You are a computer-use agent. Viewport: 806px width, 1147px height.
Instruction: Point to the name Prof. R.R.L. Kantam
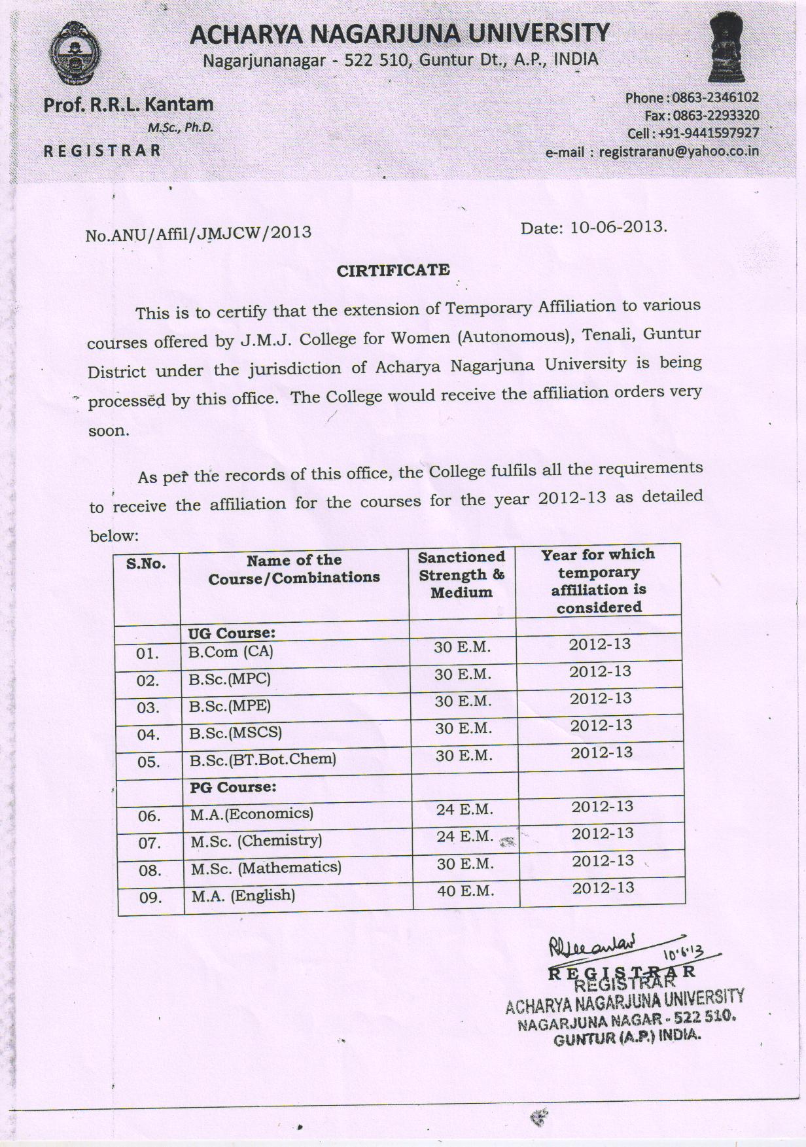click(x=128, y=105)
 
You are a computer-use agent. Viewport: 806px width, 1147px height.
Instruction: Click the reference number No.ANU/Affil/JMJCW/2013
click(x=198, y=234)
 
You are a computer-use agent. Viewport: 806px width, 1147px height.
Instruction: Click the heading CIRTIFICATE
click(x=393, y=270)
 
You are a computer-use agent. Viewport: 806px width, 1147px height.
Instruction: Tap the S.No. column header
click(x=146, y=564)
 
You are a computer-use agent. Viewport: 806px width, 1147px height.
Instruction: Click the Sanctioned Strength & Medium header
click(x=462, y=574)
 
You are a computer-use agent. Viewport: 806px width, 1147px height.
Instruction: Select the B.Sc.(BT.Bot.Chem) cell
click(x=262, y=760)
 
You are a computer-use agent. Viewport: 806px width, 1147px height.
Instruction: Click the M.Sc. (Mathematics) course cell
click(x=266, y=868)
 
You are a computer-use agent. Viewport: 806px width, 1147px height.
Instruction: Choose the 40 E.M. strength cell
click(x=465, y=891)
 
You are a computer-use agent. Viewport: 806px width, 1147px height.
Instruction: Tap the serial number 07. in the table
click(x=149, y=843)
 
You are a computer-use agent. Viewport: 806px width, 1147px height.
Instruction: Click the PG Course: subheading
click(x=233, y=787)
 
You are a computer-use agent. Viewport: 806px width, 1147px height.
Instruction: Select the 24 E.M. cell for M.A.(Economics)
click(x=464, y=809)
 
